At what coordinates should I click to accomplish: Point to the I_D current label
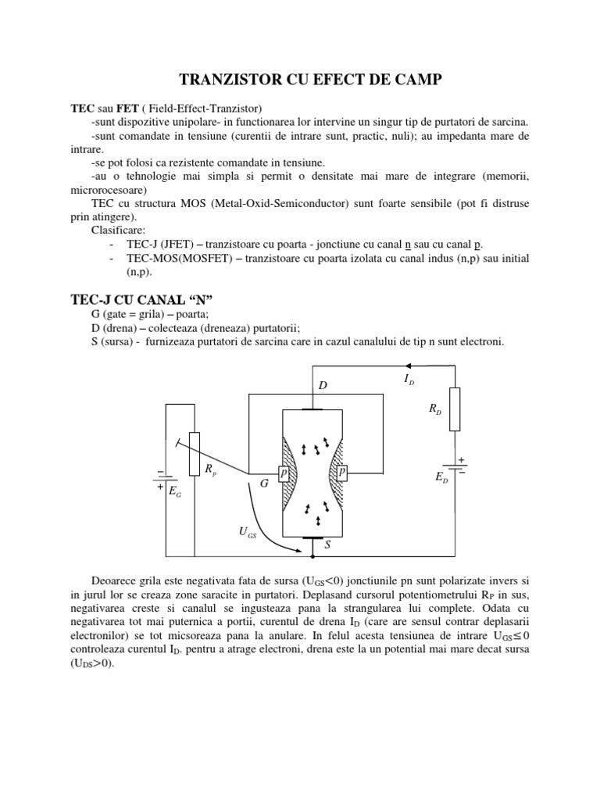click(x=409, y=380)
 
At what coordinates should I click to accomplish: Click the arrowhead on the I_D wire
click(x=408, y=365)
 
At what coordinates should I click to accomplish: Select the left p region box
click(x=284, y=473)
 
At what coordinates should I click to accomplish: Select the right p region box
click(x=342, y=473)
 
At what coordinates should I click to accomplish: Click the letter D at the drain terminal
click(x=322, y=386)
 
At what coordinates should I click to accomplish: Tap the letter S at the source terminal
click(x=327, y=545)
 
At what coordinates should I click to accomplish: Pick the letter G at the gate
click(x=264, y=484)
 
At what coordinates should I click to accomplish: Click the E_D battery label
click(x=441, y=477)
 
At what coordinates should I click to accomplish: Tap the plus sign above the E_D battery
click(x=462, y=460)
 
